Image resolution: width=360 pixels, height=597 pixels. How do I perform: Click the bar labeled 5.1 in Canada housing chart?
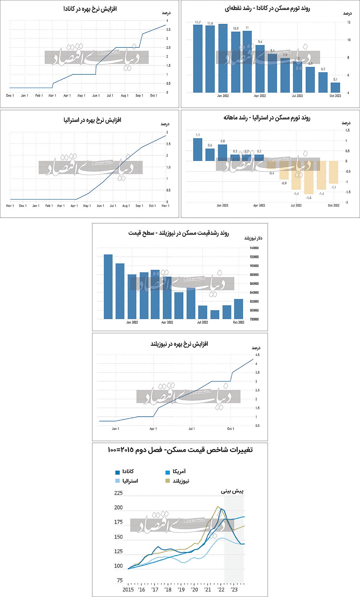click(335, 87)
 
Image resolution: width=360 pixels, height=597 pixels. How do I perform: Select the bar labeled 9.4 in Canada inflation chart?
click(260, 69)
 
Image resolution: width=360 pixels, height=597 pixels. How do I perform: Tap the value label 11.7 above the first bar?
click(198, 23)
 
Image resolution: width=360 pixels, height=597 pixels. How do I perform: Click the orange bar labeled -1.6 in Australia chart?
click(309, 177)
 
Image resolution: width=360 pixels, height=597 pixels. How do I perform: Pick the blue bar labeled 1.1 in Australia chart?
click(198, 149)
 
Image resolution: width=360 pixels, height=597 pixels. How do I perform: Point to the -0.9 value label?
click(284, 183)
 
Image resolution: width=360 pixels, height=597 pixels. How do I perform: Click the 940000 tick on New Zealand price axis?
click(254, 248)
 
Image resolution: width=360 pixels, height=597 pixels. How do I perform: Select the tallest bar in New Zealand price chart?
click(108, 287)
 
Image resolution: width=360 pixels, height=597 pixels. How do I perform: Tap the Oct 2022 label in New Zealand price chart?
click(238, 322)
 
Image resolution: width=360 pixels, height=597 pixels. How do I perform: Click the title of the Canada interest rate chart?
click(90, 9)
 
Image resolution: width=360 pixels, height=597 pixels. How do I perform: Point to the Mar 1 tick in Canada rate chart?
click(52, 95)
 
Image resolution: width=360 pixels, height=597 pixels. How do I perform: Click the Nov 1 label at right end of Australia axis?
click(166, 206)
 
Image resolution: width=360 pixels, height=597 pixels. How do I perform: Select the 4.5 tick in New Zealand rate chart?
click(257, 355)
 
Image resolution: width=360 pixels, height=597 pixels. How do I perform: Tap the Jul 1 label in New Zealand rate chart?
click(192, 429)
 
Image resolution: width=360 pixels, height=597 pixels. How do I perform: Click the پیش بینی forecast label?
click(232, 492)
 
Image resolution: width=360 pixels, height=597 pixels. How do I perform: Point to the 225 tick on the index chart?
click(118, 493)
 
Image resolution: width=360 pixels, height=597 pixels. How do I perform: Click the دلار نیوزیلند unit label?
click(253, 238)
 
